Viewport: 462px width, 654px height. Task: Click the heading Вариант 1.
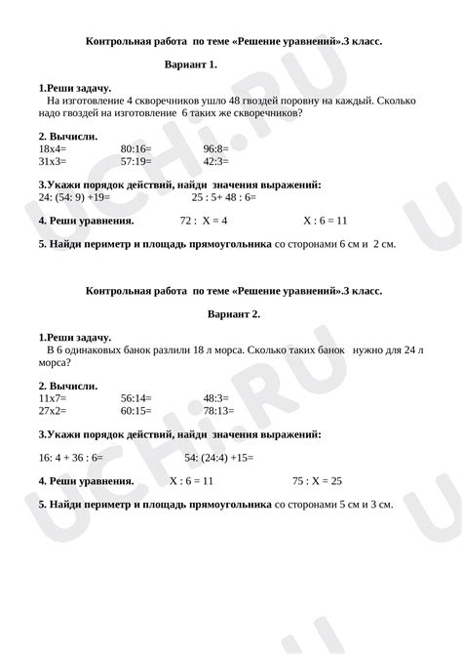192,64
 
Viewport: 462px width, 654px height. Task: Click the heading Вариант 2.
234,314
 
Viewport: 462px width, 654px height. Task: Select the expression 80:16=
135,148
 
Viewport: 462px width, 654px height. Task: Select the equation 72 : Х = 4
204,221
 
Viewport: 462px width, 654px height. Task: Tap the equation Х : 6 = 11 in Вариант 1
326,221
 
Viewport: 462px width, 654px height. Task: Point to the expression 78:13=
218,410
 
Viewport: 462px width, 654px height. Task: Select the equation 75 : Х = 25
317,481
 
